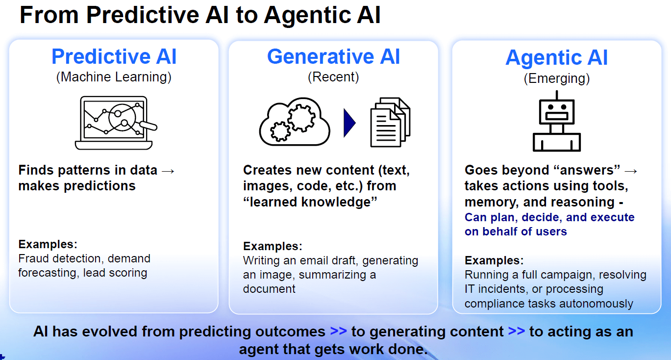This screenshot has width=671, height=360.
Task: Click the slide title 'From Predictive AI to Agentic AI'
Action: point(200,15)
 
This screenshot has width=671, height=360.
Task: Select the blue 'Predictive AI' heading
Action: point(114,57)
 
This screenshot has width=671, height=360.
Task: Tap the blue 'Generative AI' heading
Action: point(333,57)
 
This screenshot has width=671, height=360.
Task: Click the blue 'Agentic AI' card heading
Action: point(556,58)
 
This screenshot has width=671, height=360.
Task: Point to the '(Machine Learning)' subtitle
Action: point(114,77)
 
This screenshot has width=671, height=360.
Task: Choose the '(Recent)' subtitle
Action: point(333,77)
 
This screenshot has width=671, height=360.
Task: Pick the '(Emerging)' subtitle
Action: point(556,78)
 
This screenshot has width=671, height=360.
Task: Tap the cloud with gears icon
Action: point(294,123)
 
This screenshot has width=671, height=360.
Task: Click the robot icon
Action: point(556,123)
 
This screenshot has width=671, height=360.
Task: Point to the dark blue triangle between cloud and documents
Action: point(349,123)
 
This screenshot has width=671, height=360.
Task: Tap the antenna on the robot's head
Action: point(556,94)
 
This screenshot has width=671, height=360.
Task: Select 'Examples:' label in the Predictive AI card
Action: point(48,244)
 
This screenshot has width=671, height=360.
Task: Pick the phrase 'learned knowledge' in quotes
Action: point(310,202)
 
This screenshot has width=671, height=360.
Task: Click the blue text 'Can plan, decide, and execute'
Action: point(549,217)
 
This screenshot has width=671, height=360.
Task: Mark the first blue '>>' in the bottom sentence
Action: point(338,332)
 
